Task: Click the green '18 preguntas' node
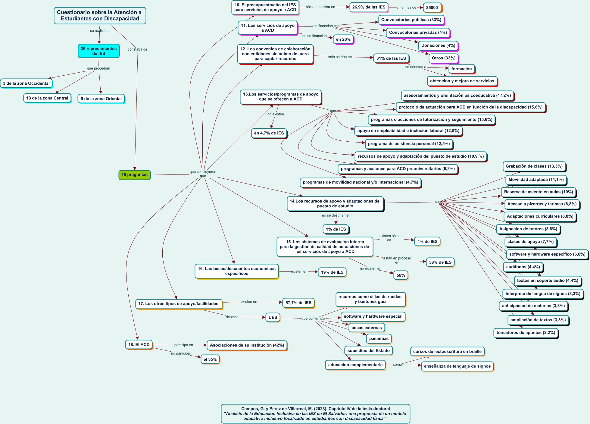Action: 134,175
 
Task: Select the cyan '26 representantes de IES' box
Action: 99,51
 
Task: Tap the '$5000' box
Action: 432,8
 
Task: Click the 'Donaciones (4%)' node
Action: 438,46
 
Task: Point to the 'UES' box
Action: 273,317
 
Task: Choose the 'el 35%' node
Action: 210,359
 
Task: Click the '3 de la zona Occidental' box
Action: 26,83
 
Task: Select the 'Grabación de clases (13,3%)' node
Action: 534,166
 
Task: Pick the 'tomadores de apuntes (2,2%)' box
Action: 526,333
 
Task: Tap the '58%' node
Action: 401,275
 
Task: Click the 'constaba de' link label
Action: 137,49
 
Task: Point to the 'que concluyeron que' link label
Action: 203,174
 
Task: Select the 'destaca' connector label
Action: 232,317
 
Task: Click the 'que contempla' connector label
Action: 313,319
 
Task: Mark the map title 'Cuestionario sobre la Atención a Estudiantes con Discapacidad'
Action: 100,16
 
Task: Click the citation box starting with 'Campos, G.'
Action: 316,414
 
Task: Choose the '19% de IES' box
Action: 332,272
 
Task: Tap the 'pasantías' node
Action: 379,338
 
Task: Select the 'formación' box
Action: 461,69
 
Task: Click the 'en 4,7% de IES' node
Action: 269,133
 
